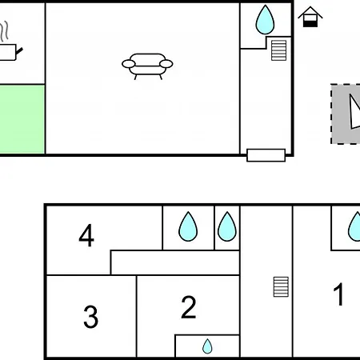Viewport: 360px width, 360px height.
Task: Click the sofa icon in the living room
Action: click(x=147, y=66)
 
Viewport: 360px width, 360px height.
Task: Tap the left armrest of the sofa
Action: click(x=129, y=64)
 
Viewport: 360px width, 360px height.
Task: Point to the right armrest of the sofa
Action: click(x=166, y=64)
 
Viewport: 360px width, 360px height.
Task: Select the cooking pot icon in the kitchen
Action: click(x=10, y=52)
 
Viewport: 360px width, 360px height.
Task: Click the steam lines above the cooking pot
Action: click(x=4, y=31)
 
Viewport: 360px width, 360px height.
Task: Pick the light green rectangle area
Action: click(x=22, y=119)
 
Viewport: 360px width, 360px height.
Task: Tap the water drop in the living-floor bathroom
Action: click(x=265, y=19)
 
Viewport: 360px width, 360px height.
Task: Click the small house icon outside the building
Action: click(x=310, y=17)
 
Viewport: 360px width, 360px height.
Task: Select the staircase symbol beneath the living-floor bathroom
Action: click(x=278, y=50)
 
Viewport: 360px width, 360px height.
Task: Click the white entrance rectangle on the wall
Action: click(x=266, y=155)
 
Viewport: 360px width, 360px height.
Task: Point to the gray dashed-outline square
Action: click(x=346, y=114)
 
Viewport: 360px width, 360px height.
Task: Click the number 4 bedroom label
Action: click(x=86, y=235)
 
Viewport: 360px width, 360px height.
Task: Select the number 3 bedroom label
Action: click(x=90, y=317)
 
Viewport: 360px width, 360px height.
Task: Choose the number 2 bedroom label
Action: click(x=189, y=307)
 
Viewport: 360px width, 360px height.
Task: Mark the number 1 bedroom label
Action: click(x=338, y=294)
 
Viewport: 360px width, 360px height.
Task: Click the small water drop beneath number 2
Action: click(x=207, y=346)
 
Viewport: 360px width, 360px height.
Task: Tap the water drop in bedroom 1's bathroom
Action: click(x=354, y=226)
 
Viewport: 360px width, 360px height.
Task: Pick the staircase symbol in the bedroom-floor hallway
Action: click(x=281, y=287)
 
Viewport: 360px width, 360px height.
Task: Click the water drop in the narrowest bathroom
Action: click(x=227, y=226)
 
